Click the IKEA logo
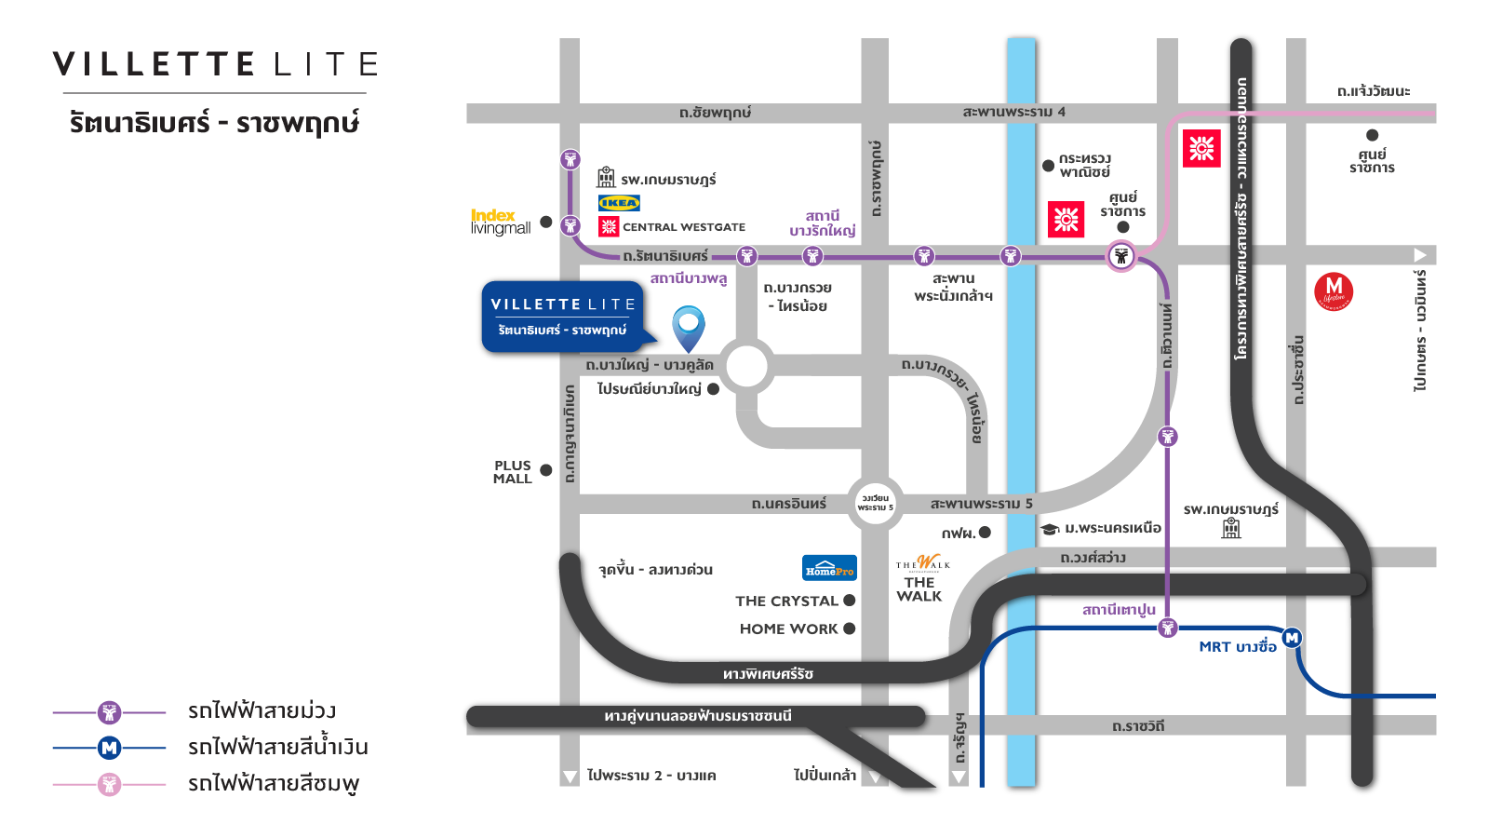[619, 203]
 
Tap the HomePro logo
[829, 568]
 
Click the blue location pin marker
[689, 327]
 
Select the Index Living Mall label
[500, 222]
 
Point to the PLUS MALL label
[513, 472]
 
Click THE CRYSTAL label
[786, 601]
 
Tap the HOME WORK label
[789, 629]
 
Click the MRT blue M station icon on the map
[1292, 638]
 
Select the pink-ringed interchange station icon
[1121, 256]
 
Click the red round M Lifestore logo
[1334, 291]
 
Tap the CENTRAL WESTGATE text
[684, 227]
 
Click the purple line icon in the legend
[110, 713]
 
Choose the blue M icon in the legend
[110, 748]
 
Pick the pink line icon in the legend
[110, 784]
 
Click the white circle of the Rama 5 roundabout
[875, 503]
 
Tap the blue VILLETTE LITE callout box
[563, 317]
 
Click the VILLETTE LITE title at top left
[215, 64]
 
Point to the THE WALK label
[919, 589]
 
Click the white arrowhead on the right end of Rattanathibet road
[1420, 255]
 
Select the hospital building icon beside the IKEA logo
[606, 177]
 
